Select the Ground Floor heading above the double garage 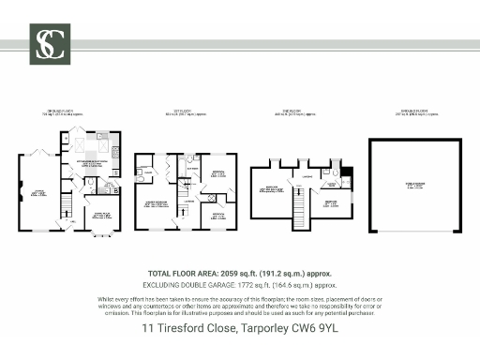(x=415, y=108)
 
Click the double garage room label (x=415, y=186)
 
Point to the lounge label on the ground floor (x=38, y=192)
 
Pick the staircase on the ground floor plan (x=66, y=206)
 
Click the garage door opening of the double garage (x=415, y=232)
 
